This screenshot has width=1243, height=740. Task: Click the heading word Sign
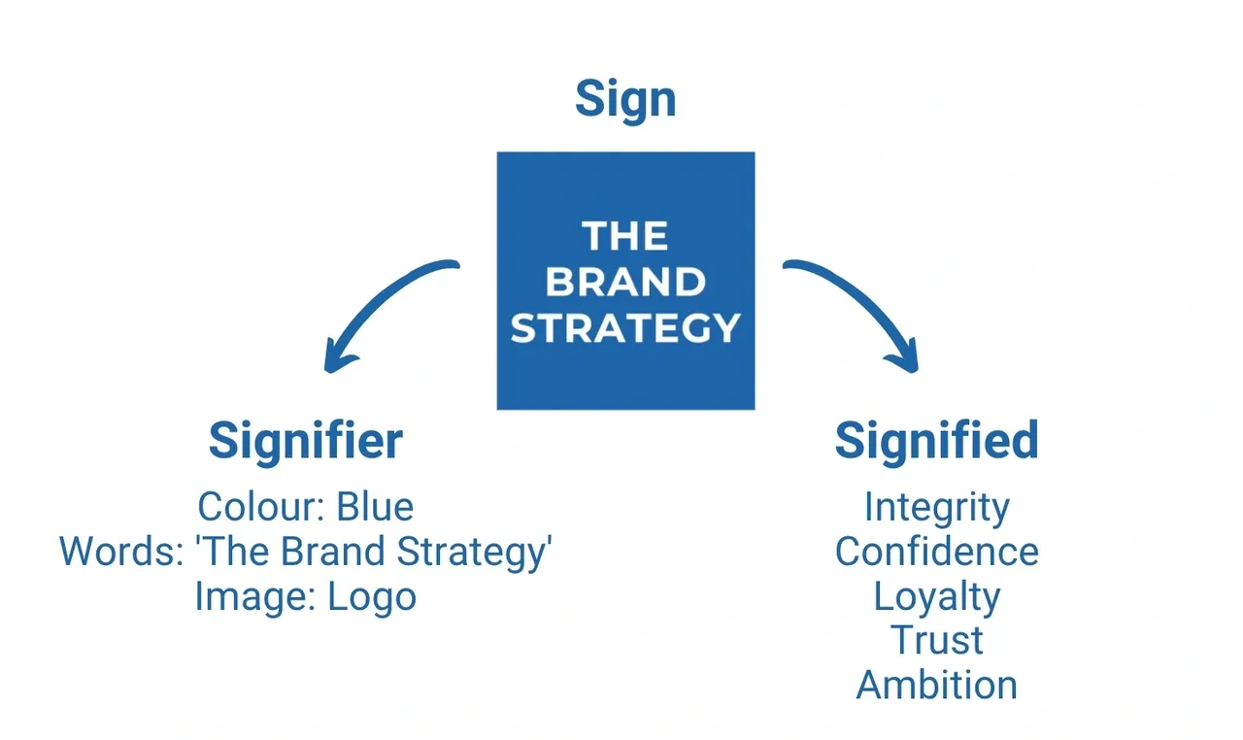coord(625,99)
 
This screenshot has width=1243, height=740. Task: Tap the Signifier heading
coord(305,441)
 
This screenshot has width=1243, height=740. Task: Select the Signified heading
coord(936,441)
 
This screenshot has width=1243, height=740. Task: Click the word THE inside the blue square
coord(624,236)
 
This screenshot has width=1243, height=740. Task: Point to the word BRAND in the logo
coord(624,282)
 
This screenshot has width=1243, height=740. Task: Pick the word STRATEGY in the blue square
coord(625,327)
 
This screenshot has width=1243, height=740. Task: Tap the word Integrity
coord(936,507)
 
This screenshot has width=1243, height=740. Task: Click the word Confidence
coord(936,552)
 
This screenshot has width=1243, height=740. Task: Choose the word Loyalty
coord(936,596)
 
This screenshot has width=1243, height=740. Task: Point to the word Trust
coord(936,640)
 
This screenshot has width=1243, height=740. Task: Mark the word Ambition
coord(936,685)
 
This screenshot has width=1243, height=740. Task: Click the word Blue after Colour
coord(375,507)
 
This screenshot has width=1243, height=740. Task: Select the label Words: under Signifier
coord(121,552)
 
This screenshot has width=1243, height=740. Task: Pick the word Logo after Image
coord(372,596)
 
